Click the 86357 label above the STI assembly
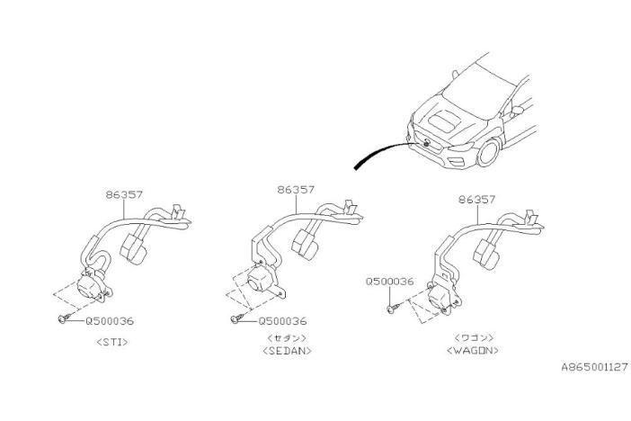click(x=124, y=194)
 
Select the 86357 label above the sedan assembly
click(x=296, y=189)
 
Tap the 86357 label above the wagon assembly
click(x=477, y=200)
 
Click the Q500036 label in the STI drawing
click(x=110, y=321)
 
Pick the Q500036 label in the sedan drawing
click(x=282, y=321)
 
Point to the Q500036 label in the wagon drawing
click(x=389, y=282)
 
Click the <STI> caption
click(x=112, y=342)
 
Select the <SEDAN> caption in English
click(x=287, y=351)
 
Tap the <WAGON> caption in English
click(x=473, y=350)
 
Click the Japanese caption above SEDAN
click(x=287, y=337)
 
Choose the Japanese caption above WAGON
click(x=474, y=337)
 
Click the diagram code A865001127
click(x=595, y=367)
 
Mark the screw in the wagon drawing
click(x=393, y=309)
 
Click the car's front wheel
click(x=488, y=152)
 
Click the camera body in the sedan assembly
click(x=262, y=279)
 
